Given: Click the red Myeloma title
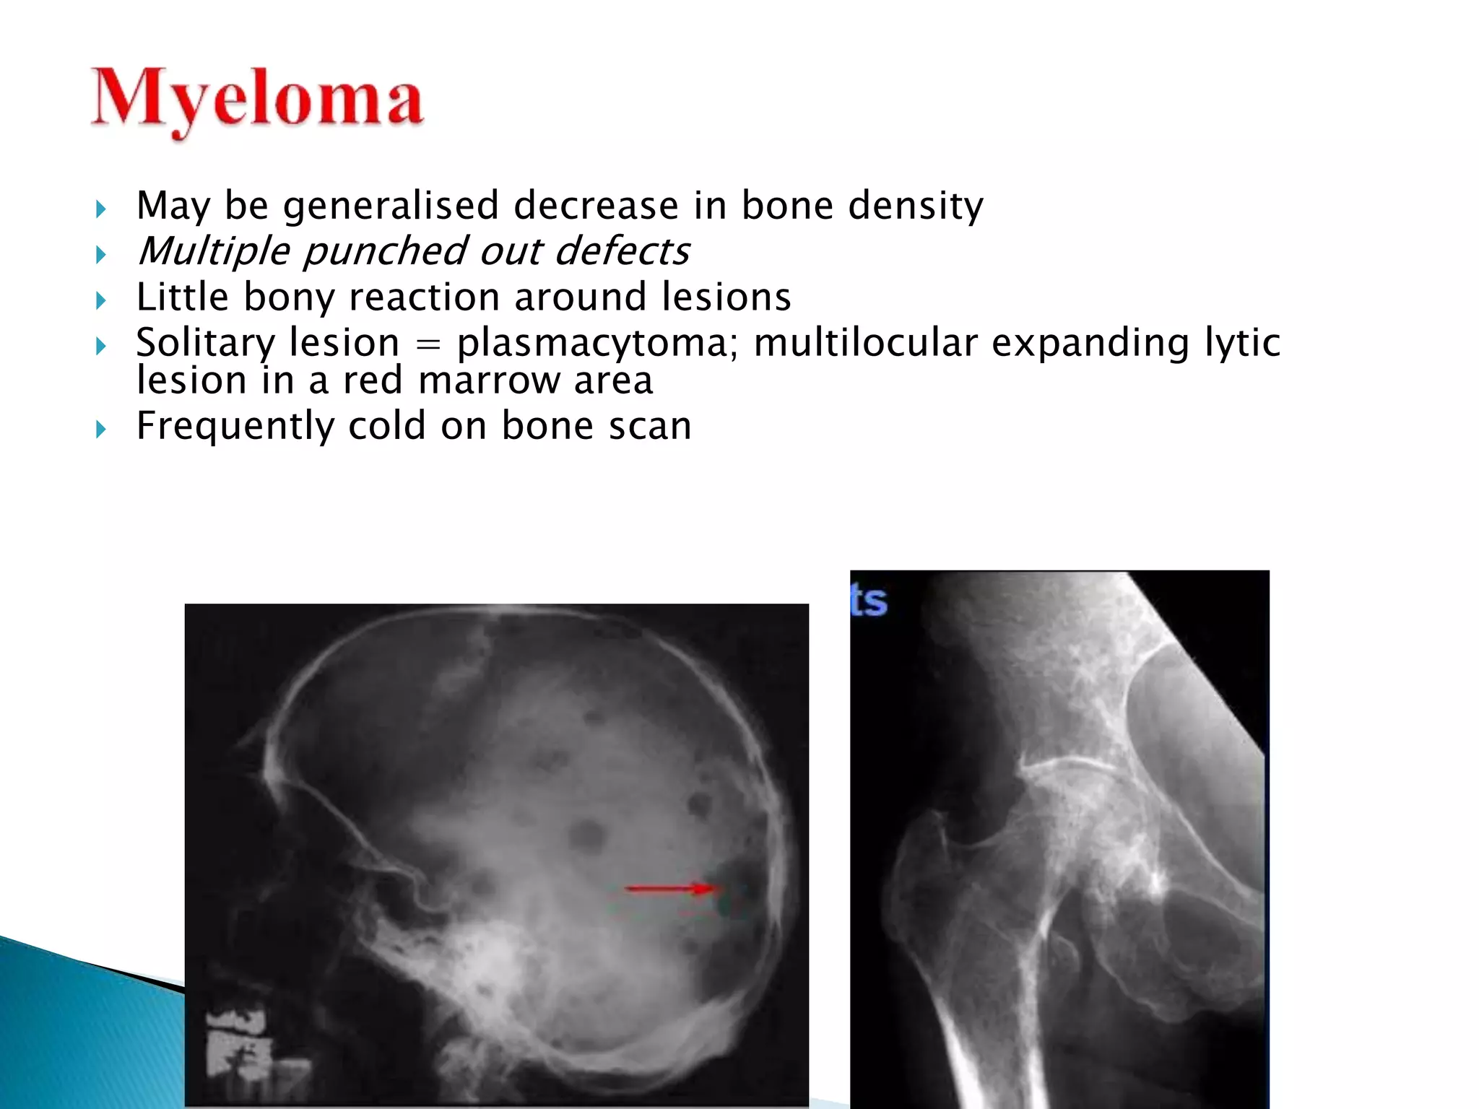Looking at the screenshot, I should tap(256, 101).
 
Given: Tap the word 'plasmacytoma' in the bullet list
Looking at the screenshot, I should tap(592, 342).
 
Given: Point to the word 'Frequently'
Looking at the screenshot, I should tap(235, 425).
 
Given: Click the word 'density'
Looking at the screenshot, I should tap(915, 206).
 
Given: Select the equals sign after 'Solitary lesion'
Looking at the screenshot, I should tap(428, 344).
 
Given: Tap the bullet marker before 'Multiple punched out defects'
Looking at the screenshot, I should tap(101, 254).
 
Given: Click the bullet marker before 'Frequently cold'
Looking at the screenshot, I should tap(101, 430).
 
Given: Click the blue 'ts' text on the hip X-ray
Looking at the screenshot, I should tap(869, 601).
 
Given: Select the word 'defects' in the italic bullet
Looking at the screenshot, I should tap(622, 251).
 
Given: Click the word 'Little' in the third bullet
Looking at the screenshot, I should tap(182, 297).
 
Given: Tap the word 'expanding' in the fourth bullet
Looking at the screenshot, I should tap(1090, 342).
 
